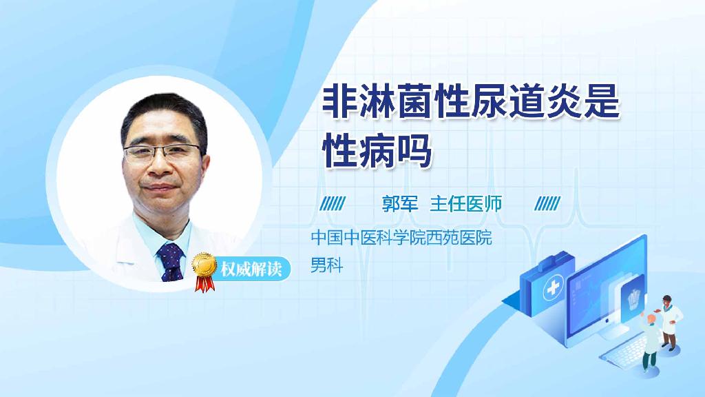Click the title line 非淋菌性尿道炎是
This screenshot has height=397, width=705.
pos(472,106)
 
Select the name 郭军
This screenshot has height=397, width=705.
pos(400,203)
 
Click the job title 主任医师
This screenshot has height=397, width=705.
pos(466,203)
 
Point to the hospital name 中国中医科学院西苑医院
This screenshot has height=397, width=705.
pos(401,239)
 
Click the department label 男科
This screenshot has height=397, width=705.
pos(326,265)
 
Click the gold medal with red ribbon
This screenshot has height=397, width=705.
pos(204,267)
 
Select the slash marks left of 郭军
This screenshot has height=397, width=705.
pos(334,203)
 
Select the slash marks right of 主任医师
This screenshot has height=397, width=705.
pos(547,203)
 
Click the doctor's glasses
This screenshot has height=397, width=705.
pos(164,152)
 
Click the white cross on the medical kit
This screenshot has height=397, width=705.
pos(553,291)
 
